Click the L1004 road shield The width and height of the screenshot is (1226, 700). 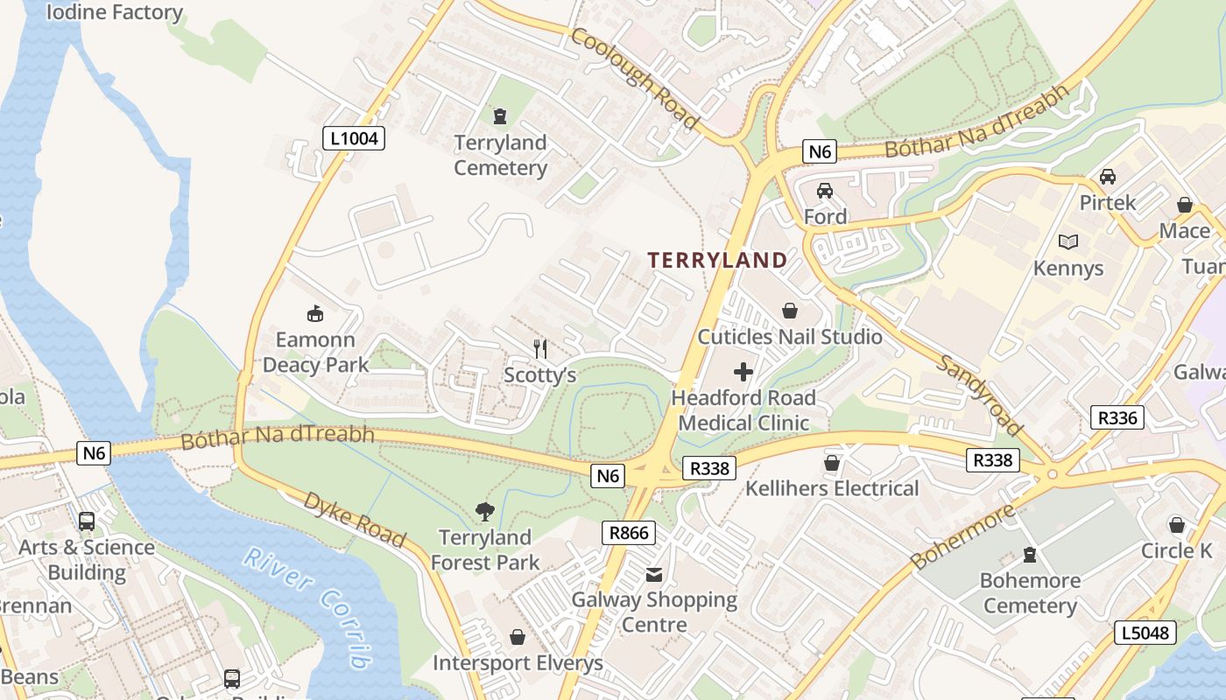(354, 137)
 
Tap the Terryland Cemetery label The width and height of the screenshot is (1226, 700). (500, 155)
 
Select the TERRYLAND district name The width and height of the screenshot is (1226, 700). (717, 260)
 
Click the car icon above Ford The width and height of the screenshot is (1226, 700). (825, 190)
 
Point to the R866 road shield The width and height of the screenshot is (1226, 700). (629, 532)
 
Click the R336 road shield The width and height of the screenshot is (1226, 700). (1118, 417)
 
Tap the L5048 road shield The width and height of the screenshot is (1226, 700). (1145, 633)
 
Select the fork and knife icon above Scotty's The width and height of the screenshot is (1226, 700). (540, 349)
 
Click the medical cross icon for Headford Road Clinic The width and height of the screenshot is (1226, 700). (743, 372)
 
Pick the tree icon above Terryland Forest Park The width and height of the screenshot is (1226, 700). (484, 511)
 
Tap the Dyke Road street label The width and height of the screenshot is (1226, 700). (355, 519)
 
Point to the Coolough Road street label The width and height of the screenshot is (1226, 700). (634, 79)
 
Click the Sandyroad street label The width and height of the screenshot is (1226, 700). (979, 395)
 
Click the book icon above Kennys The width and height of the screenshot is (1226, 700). (1068, 241)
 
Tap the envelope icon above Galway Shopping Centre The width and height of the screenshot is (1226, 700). (654, 575)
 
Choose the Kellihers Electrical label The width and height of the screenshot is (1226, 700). (832, 488)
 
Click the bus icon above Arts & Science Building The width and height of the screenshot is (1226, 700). (87, 521)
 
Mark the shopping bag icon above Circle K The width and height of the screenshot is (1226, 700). (1177, 525)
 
